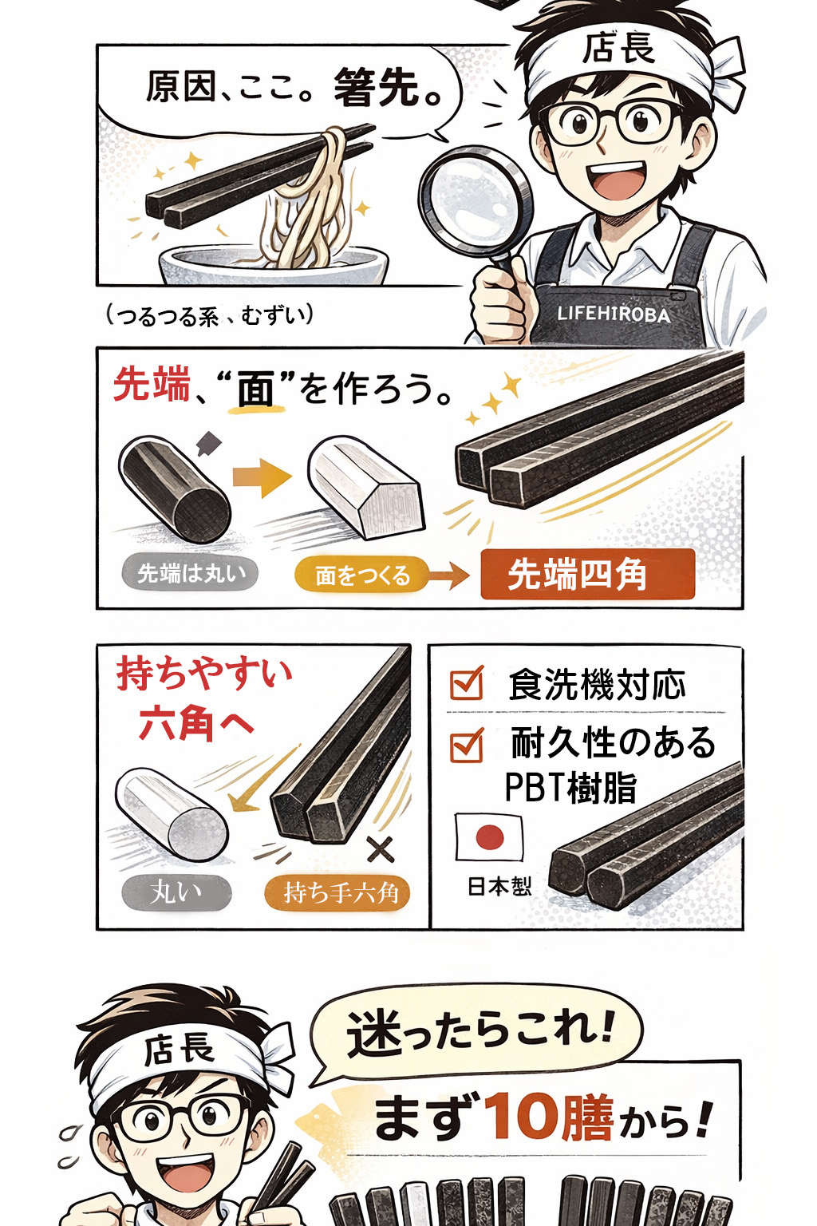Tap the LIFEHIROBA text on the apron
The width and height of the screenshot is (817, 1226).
(614, 314)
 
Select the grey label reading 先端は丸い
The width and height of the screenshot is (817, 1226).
(189, 572)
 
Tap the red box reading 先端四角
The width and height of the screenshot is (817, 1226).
(588, 575)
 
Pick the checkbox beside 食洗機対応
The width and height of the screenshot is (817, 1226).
(467, 682)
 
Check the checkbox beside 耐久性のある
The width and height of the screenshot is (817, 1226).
(467, 745)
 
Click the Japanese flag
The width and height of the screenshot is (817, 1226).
(490, 836)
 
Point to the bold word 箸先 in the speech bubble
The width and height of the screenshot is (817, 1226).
(376, 88)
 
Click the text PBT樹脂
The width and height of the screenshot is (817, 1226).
(570, 788)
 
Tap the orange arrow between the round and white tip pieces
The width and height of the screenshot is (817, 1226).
(262, 478)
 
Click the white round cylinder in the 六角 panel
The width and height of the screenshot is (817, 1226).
(172, 814)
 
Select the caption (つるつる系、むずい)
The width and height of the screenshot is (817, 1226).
(210, 316)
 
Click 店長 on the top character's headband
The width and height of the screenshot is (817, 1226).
(618, 48)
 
